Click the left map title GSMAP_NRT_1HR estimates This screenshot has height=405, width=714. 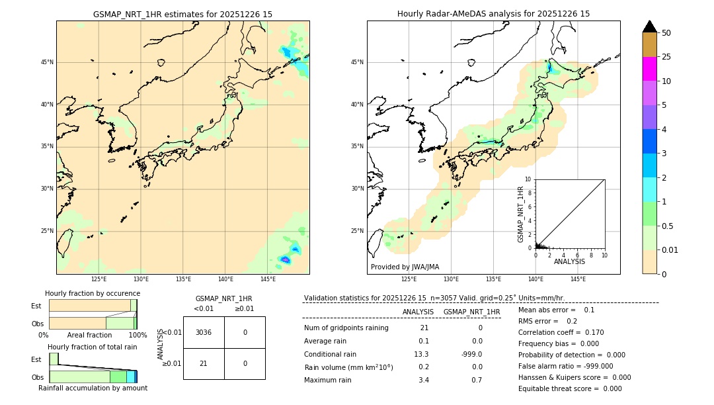tap(182, 14)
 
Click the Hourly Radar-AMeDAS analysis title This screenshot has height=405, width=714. tap(493, 14)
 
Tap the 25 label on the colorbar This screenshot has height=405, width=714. tap(666, 57)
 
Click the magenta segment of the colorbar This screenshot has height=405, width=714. tap(649, 69)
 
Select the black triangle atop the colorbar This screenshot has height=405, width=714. tap(649, 26)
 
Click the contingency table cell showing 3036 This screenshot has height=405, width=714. tap(204, 332)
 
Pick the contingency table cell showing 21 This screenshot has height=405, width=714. tap(204, 363)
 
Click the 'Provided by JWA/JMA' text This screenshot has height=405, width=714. tap(405, 267)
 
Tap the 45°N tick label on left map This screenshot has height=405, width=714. tap(47, 62)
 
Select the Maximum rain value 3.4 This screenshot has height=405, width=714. tap(424, 380)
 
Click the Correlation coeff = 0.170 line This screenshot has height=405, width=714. tap(561, 332)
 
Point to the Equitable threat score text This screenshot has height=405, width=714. tap(570, 388)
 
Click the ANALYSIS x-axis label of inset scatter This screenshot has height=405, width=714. tap(569, 261)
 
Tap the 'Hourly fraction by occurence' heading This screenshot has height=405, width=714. tap(93, 293)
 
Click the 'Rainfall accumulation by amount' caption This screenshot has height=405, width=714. tap(93, 388)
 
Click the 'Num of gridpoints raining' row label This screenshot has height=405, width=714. tap(346, 328)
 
